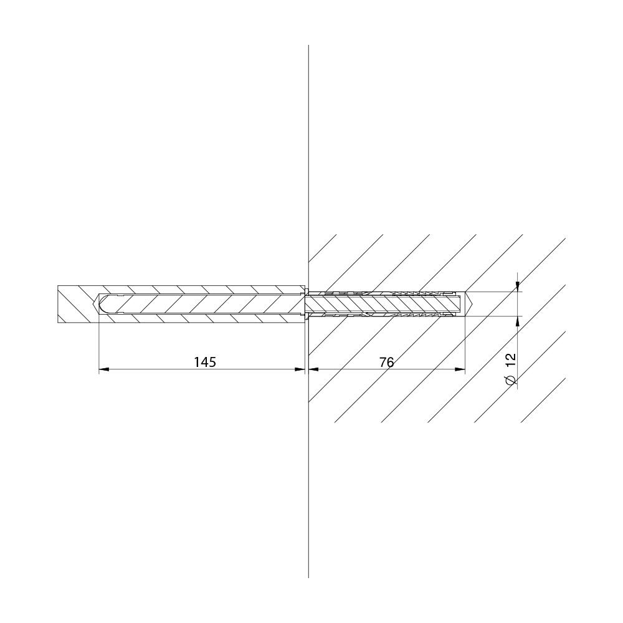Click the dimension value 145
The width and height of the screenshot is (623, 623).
click(204, 362)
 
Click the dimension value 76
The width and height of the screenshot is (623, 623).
click(386, 362)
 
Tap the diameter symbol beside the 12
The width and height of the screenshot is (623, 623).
click(511, 379)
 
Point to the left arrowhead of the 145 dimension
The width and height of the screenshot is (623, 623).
click(103, 369)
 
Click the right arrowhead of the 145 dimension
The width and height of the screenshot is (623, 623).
click(300, 369)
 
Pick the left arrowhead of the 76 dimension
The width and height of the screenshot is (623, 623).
click(314, 369)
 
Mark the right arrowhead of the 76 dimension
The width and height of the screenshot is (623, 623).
click(460, 369)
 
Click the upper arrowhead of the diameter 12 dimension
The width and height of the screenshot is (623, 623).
click(517, 287)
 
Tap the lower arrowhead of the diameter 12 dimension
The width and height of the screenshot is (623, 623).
click(517, 321)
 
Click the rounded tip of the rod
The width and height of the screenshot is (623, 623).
click(102, 303)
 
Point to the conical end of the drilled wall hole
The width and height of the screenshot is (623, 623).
click(468, 304)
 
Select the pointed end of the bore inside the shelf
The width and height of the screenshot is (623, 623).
click(96, 304)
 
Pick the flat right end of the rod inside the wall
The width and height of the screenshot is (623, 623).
click(461, 304)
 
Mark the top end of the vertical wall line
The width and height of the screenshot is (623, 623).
click(309, 45)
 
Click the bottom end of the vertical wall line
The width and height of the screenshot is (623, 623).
click(309, 578)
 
